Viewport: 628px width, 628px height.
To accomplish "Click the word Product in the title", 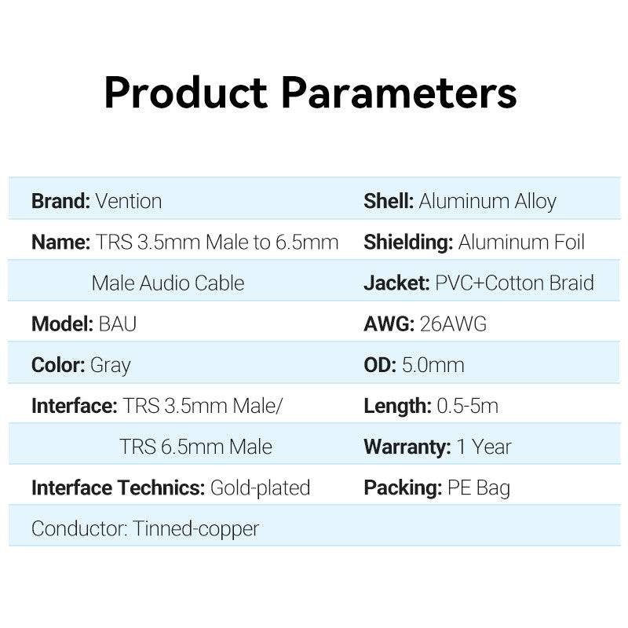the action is coord(186,93).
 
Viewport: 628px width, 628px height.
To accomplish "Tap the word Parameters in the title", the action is coord(400,93).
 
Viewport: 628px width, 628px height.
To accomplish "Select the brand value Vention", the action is coord(129,201).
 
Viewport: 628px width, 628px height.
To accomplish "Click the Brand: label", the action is coord(61,201).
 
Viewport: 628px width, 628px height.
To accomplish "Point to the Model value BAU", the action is coord(117,324).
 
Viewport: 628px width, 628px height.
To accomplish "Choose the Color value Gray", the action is coord(111,366).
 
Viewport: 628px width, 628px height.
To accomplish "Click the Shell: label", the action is coord(389,201).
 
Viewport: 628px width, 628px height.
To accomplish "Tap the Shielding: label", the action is coord(408,243).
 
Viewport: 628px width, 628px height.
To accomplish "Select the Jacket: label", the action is coord(396,283).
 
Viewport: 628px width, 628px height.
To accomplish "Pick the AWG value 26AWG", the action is coord(453,324).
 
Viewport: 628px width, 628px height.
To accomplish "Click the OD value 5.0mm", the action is coord(433,365).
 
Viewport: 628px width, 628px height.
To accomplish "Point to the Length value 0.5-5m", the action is coord(467,406).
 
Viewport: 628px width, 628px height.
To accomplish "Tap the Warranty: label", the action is coord(407,447).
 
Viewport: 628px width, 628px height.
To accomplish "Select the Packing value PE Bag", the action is coord(479,488).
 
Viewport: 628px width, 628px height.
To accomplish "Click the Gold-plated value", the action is coord(261,488).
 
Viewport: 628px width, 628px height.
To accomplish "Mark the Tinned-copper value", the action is coord(195,529).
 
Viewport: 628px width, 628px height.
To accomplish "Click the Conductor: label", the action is coord(80,528).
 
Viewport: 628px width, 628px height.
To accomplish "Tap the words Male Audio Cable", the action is coord(168,283).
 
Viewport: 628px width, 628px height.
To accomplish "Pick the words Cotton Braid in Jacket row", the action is coord(539,283).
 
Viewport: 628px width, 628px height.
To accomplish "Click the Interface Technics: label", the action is coord(119,487).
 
